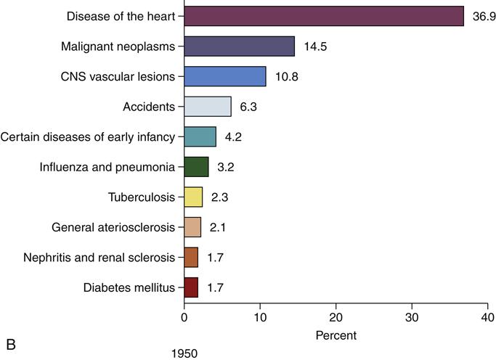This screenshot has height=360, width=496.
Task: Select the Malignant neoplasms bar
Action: point(239,46)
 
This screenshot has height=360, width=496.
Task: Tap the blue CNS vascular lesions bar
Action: point(225,76)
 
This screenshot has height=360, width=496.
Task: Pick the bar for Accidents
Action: point(208,107)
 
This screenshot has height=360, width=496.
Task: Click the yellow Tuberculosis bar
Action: point(193,197)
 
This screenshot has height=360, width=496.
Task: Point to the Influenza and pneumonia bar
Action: point(196,167)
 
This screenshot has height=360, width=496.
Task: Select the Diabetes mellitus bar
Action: point(191,287)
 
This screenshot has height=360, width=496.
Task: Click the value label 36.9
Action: point(484,16)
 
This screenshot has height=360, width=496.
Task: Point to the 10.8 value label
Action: point(286,77)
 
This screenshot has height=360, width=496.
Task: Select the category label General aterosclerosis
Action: point(114,228)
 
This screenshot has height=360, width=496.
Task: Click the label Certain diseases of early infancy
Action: point(88,137)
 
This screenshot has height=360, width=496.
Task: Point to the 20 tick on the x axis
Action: point(336,317)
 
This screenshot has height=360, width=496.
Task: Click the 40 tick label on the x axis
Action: point(488,317)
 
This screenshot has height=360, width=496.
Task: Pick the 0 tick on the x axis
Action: point(184,317)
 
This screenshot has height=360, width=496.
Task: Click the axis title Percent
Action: point(336,336)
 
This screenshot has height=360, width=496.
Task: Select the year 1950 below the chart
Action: point(184,353)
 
